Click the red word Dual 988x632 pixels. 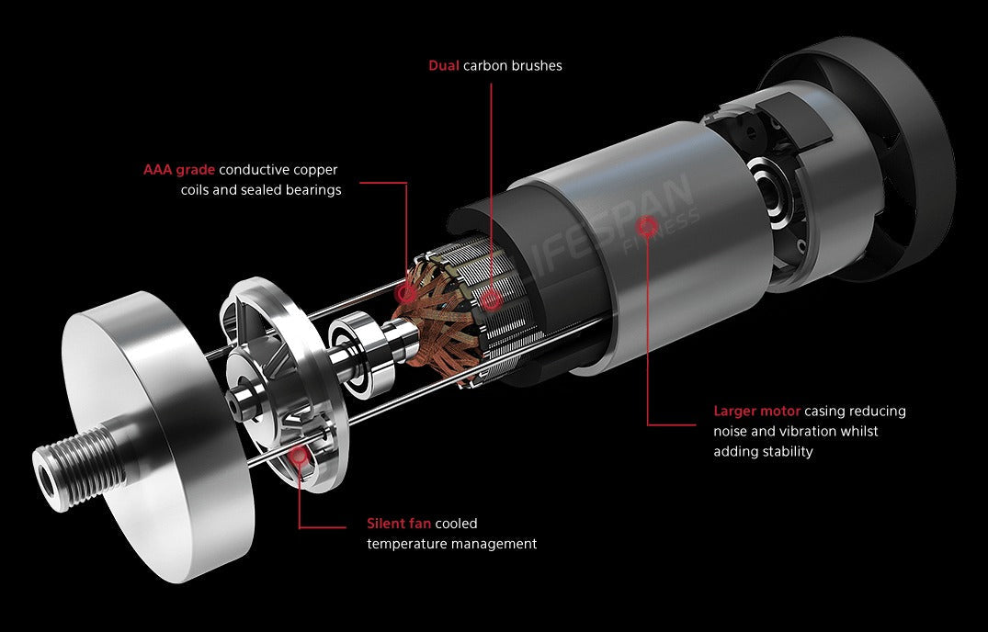444,65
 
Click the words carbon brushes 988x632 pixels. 512,65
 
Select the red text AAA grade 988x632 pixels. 179,170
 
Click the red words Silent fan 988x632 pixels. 399,523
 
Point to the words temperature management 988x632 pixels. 452,544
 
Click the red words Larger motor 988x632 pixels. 756,411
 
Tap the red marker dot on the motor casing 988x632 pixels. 647,225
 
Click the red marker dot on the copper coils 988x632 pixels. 406,293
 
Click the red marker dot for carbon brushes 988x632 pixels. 491,300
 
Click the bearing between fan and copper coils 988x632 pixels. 353,349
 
